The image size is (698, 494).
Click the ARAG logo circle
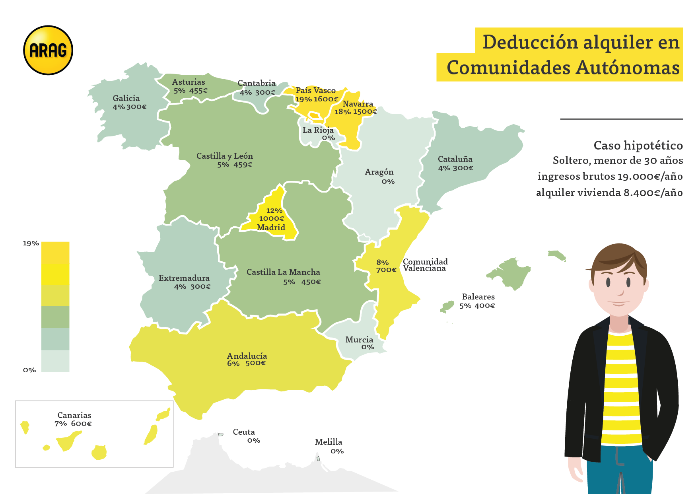[x=48, y=51]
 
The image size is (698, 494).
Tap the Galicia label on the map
[x=126, y=98]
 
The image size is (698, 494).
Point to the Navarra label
[x=358, y=104]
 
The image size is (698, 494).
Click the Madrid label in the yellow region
[x=271, y=228]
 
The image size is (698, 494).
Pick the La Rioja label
[x=318, y=130]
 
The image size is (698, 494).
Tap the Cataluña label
[x=455, y=159]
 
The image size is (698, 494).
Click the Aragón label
[x=379, y=172]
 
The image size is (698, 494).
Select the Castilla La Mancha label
[x=283, y=272]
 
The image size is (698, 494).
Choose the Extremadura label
[x=184, y=278]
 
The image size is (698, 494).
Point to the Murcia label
[x=359, y=340]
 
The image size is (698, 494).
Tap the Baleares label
[x=478, y=297]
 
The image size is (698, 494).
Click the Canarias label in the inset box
[x=74, y=415]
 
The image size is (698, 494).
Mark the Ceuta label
[x=244, y=432]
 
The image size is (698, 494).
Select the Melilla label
[x=328, y=442]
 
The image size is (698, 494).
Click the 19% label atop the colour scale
[x=31, y=243]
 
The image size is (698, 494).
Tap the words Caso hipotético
[x=638, y=146]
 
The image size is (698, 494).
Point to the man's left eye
[x=628, y=282]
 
